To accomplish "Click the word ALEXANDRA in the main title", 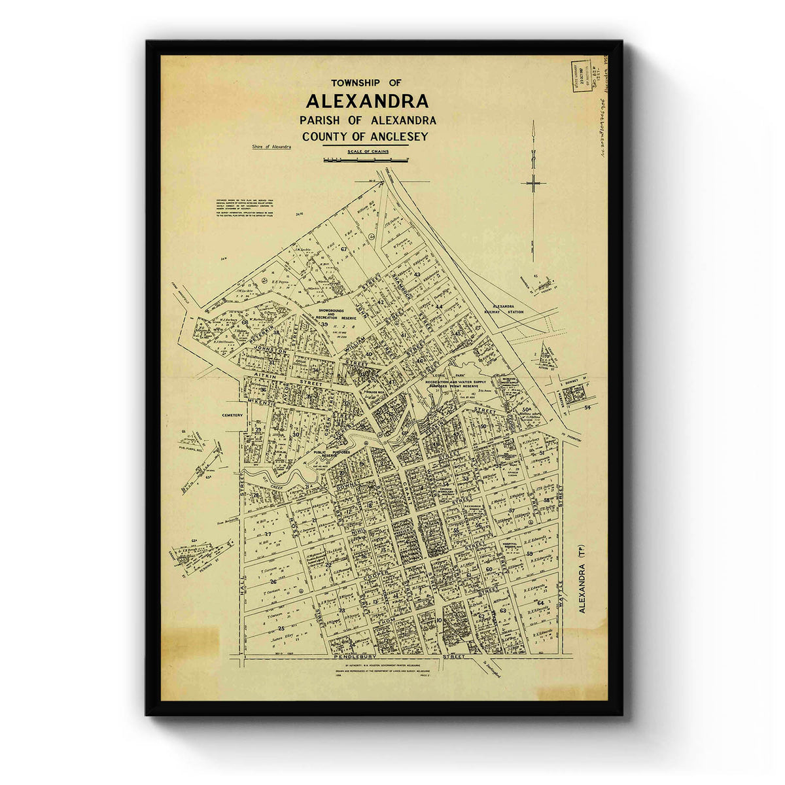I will pyautogui.click(x=367, y=101).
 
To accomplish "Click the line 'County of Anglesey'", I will pyautogui.click(x=365, y=137).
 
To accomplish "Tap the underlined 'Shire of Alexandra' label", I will pyautogui.click(x=271, y=147).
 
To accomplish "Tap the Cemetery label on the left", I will pyautogui.click(x=232, y=415).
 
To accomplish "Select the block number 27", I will pyautogui.click(x=268, y=534).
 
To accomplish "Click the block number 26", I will pyautogui.click(x=273, y=581).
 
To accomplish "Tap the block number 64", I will pyautogui.click(x=540, y=602).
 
